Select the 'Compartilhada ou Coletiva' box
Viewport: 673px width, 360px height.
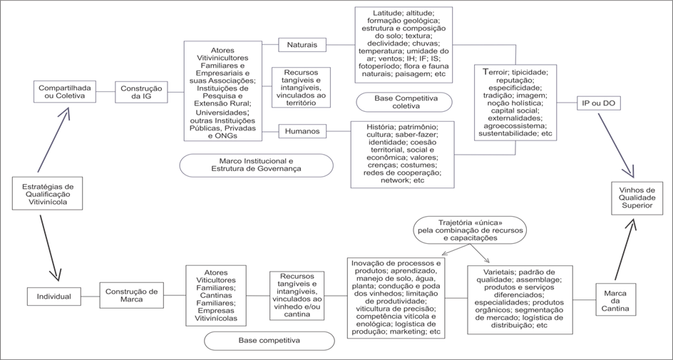coord(64,91)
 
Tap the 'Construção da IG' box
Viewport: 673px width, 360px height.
coord(140,91)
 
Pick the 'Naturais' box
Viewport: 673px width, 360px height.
coord(302,45)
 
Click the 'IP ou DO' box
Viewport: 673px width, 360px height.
coord(598,103)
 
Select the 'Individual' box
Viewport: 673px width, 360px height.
coord(53,295)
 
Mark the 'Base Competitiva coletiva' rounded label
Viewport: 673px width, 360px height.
coord(406,101)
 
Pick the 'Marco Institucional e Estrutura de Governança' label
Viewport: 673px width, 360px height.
coord(255,165)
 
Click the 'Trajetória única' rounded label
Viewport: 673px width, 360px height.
coord(470,227)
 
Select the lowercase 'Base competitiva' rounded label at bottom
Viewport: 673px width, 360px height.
coord(269,341)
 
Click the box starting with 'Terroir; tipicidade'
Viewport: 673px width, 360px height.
coord(515,102)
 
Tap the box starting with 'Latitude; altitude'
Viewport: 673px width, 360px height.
coord(402,42)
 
